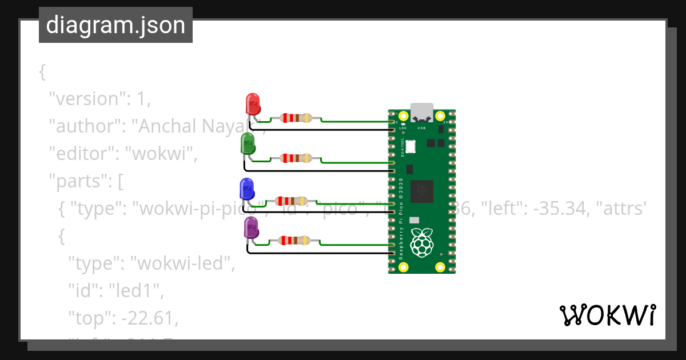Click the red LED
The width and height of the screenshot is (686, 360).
(x=253, y=104)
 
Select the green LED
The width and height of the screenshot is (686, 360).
(x=248, y=143)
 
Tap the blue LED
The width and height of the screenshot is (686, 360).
(x=246, y=189)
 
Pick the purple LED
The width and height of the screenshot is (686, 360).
(x=251, y=228)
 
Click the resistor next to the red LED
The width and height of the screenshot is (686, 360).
(x=296, y=118)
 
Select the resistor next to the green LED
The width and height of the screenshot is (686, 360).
(x=296, y=158)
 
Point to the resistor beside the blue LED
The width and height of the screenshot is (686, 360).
(x=292, y=201)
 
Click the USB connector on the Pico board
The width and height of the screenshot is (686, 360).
(x=422, y=113)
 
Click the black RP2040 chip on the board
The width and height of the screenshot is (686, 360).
(x=422, y=191)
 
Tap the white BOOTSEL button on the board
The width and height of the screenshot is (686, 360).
(x=410, y=147)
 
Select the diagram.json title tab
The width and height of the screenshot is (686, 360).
(x=115, y=25)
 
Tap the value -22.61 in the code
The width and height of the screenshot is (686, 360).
(x=149, y=318)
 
